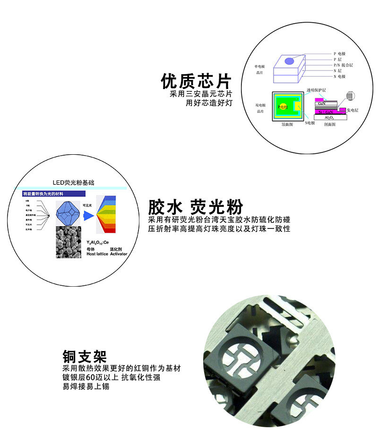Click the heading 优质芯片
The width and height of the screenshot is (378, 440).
196,81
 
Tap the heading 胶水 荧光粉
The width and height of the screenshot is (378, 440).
196,207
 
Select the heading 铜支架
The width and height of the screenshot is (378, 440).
85,356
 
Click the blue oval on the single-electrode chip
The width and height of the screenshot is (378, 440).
289,61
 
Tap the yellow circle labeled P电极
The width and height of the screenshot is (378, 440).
283,107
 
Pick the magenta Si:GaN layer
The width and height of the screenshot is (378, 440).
327,112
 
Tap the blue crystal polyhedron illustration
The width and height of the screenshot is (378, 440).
68,213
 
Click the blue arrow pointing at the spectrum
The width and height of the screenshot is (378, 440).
88,215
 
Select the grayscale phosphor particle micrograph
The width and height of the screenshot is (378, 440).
68,241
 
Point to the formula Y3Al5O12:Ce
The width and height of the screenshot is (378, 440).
98,242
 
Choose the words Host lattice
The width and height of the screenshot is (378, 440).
97,254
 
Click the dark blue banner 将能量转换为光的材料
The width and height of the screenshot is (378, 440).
54,194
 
